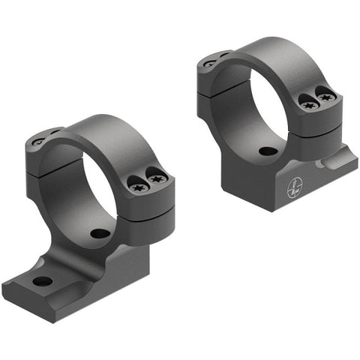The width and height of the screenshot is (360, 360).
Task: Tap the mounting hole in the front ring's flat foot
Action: (x=43, y=281)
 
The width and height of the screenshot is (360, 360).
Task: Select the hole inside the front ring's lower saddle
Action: (x=101, y=232)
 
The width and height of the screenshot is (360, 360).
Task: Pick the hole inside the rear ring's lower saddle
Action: (x=267, y=151)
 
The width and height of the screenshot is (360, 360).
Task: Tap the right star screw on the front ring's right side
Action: (x=157, y=178)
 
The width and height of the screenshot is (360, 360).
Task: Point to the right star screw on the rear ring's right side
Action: (x=324, y=95)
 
